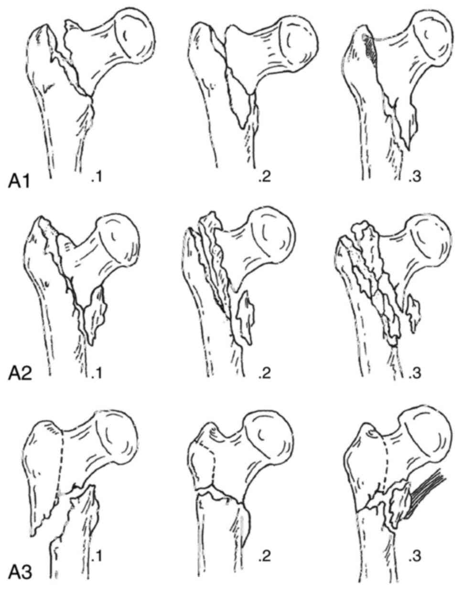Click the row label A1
pos(20,182)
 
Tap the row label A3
pos(21,572)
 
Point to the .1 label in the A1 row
pos(96,178)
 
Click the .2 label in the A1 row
pos(262,178)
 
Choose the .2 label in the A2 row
pos(262,371)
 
